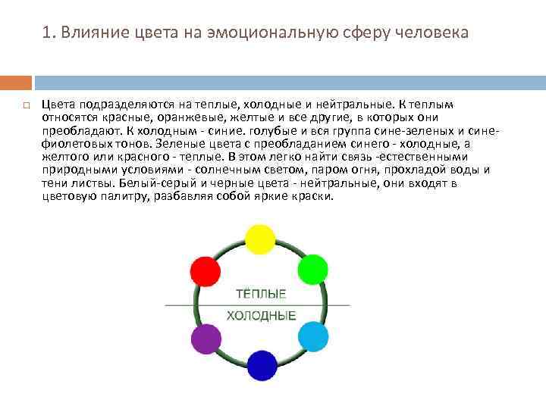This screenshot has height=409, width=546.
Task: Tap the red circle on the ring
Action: coord(205,270)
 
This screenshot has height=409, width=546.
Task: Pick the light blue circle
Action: coord(312,336)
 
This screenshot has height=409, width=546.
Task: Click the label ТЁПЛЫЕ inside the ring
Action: coord(261,294)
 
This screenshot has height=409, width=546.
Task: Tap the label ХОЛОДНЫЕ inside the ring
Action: coord(261,315)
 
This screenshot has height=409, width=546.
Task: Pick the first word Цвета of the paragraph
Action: coord(58,105)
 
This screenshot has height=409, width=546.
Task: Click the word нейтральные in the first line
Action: coord(354,105)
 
